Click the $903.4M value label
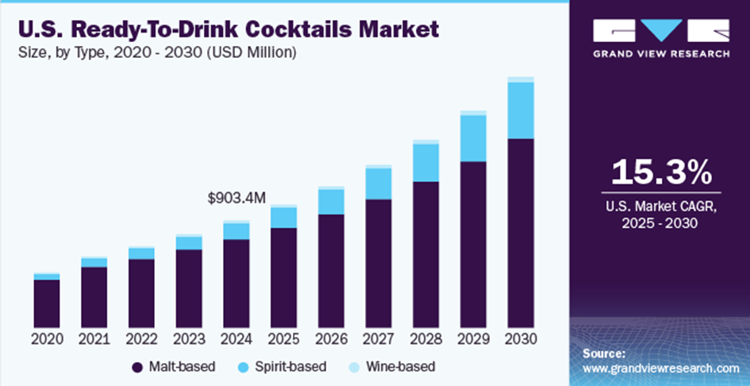click(237, 198)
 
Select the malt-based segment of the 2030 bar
click(521, 234)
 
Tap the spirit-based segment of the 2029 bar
click(474, 138)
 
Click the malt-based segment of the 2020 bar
click(47, 303)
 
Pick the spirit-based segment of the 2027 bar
click(379, 183)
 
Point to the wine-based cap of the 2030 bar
click(521, 79)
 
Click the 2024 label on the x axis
click(237, 339)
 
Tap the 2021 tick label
click(94, 339)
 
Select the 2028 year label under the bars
click(426, 339)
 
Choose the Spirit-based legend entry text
click(290, 367)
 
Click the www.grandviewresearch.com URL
click(661, 369)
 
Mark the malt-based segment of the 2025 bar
click(283, 278)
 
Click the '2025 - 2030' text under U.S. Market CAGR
click(660, 223)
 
